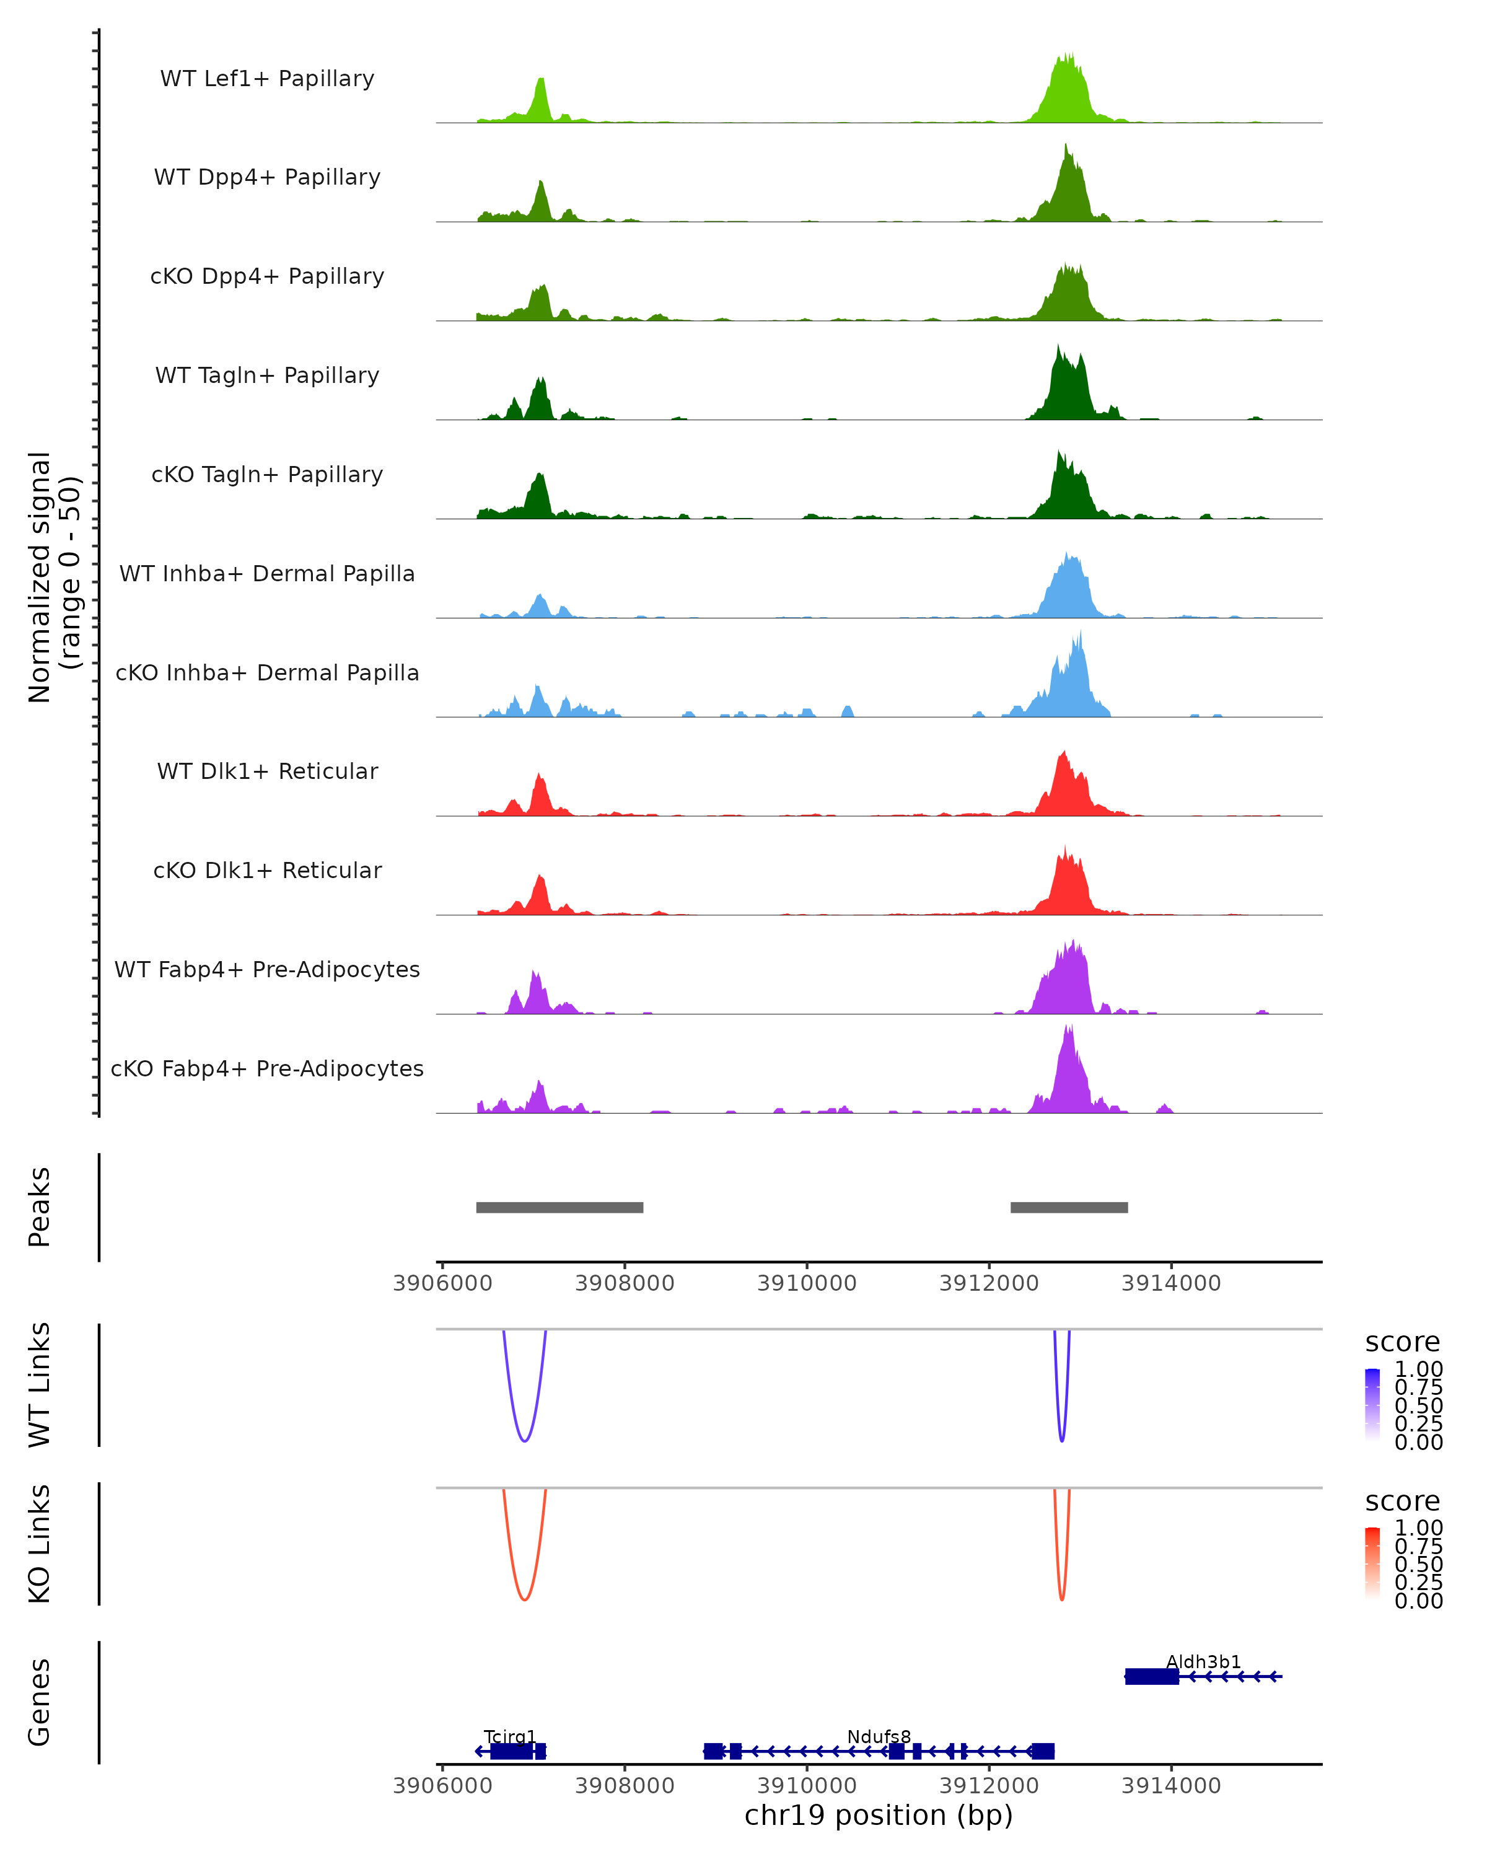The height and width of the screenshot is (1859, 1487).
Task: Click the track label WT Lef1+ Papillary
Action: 267,79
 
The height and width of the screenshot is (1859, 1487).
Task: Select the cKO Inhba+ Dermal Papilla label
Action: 267,672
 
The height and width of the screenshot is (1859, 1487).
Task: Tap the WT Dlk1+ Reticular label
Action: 267,771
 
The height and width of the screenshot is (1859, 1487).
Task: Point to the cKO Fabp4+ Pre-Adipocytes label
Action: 267,1068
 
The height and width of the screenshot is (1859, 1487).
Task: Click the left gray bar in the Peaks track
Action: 559,1207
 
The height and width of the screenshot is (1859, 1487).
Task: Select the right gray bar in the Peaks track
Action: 1069,1207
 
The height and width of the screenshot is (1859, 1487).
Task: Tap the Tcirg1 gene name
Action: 509,1736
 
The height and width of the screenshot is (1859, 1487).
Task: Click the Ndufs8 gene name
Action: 879,1736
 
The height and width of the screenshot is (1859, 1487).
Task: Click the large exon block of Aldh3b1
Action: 1152,1676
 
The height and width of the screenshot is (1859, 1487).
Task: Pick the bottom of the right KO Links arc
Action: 1062,1599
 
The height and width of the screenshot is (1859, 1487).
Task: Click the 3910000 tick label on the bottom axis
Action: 807,1786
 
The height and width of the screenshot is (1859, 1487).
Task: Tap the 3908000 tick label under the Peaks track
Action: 624,1283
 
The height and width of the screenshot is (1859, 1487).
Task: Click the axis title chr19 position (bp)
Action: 879,1816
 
